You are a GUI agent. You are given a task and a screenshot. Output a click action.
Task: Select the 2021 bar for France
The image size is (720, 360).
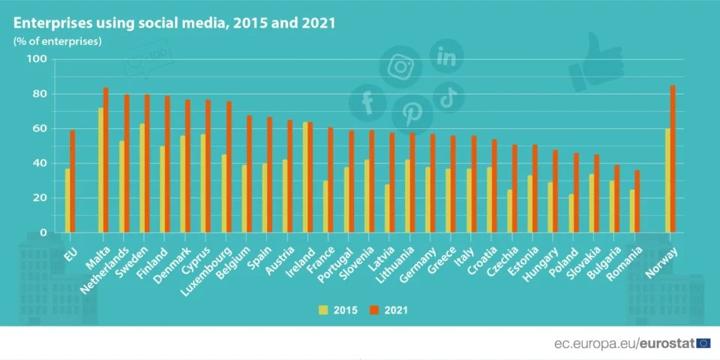point(331,180)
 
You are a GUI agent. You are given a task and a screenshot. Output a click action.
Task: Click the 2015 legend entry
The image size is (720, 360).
point(337,309)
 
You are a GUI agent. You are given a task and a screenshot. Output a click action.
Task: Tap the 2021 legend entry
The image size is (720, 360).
point(391,309)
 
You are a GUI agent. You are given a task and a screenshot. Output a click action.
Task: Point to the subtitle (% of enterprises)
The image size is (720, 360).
point(58,40)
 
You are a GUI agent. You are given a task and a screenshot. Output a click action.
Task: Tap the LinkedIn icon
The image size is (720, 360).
point(446,56)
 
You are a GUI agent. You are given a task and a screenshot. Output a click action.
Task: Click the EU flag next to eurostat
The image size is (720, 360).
point(703,343)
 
